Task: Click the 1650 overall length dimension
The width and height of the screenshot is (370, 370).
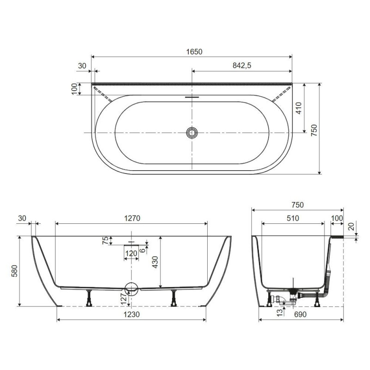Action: point(194,52)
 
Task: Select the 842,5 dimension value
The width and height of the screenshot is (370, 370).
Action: point(242,65)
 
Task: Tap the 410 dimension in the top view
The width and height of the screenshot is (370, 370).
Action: point(299,108)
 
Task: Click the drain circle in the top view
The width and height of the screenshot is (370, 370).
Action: point(191,133)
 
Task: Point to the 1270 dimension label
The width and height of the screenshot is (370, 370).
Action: point(132,218)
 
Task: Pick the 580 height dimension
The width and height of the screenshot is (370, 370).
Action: point(15,271)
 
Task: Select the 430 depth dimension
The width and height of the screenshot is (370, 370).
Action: point(155,262)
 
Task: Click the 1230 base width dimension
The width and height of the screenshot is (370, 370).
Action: point(131,314)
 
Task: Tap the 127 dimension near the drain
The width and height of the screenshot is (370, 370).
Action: point(123,299)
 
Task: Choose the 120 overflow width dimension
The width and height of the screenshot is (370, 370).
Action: point(131,253)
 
